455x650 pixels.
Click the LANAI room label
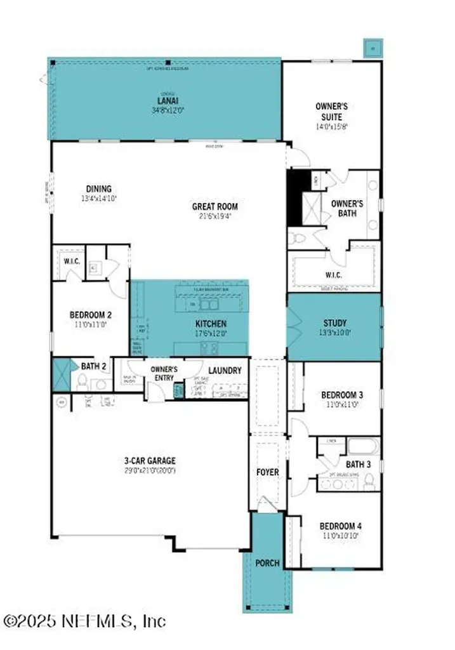click(166, 100)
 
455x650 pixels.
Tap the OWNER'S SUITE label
click(331, 112)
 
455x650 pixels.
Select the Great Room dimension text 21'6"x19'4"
click(214, 216)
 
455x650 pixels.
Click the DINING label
click(98, 189)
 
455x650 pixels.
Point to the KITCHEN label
click(210, 324)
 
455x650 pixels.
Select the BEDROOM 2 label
click(90, 314)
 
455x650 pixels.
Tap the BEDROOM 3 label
click(341, 395)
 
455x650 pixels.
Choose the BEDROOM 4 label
click(340, 526)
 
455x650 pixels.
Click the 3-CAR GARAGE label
click(149, 461)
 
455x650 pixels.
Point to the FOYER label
click(267, 472)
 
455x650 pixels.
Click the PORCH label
click(267, 563)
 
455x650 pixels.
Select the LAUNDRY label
click(224, 370)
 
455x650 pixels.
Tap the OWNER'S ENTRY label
click(163, 373)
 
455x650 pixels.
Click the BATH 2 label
click(93, 366)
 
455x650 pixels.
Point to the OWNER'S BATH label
click(347, 209)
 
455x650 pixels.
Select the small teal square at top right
click(372, 46)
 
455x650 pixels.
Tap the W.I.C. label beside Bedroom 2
click(70, 261)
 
